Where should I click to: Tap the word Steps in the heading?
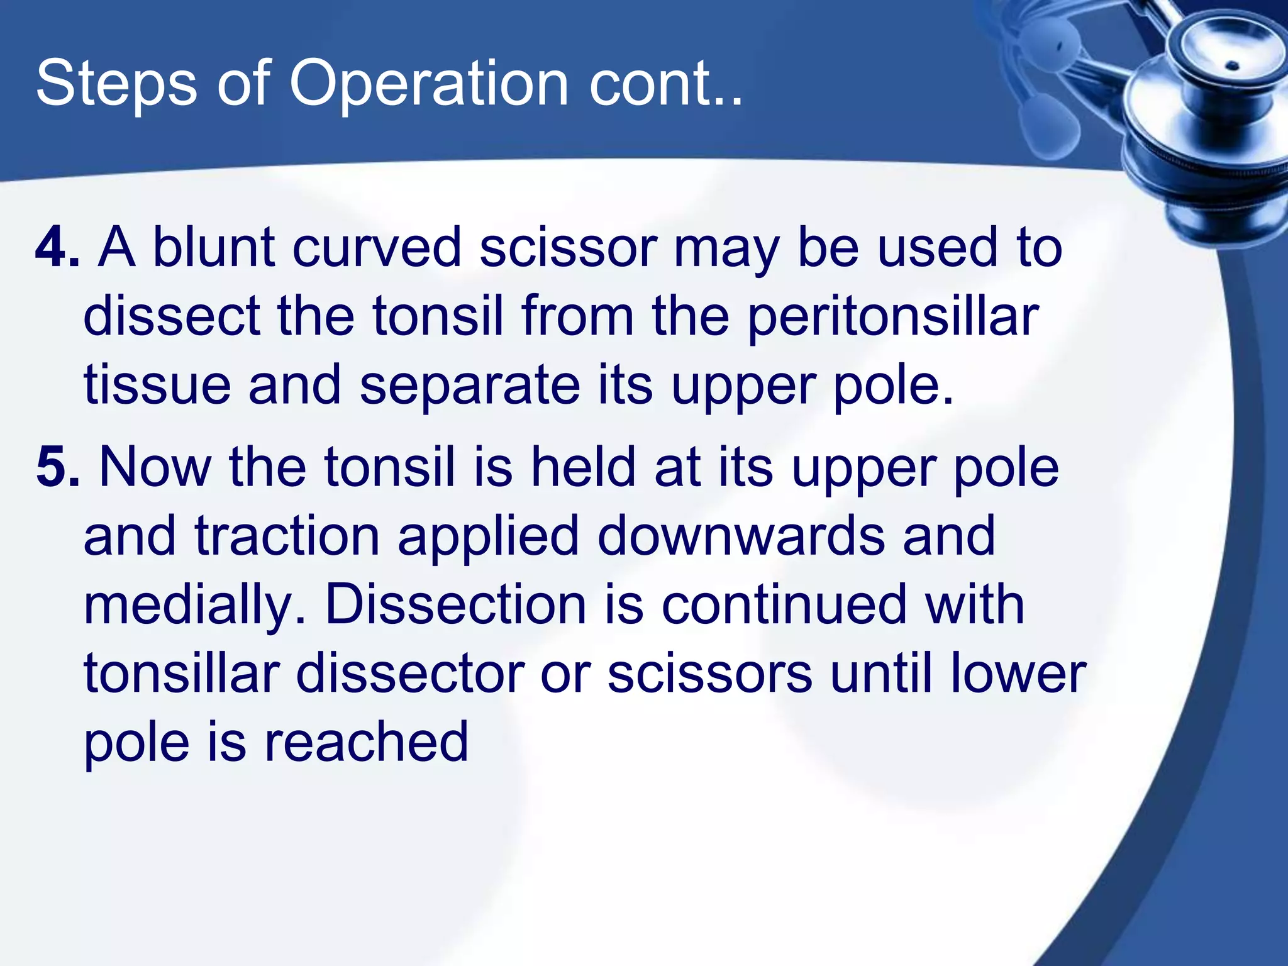click(x=116, y=84)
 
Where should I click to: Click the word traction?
click(x=287, y=536)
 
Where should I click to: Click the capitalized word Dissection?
click(x=457, y=605)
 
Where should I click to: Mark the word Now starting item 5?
click(x=155, y=467)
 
